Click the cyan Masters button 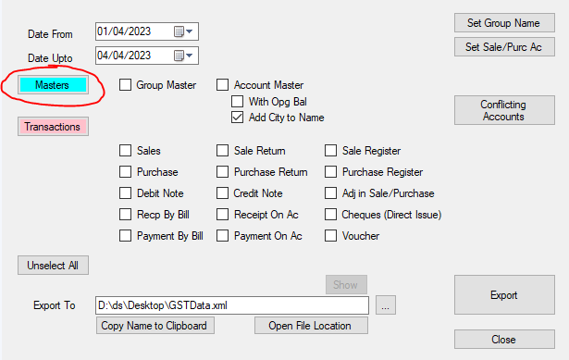[x=53, y=85]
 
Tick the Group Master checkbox [x=125, y=85]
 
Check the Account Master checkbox [x=222, y=85]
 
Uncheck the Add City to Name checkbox [x=238, y=118]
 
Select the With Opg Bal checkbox [x=238, y=101]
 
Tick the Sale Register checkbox [x=330, y=151]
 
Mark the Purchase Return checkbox [x=222, y=171]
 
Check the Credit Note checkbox [x=222, y=193]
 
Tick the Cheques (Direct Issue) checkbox [x=330, y=215]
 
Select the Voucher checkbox [x=330, y=236]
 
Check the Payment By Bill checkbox [x=125, y=236]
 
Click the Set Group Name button [x=504, y=23]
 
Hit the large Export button [x=504, y=294]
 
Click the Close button [x=504, y=340]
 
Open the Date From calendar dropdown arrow [x=190, y=31]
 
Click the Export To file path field [x=232, y=305]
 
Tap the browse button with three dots [x=386, y=305]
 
